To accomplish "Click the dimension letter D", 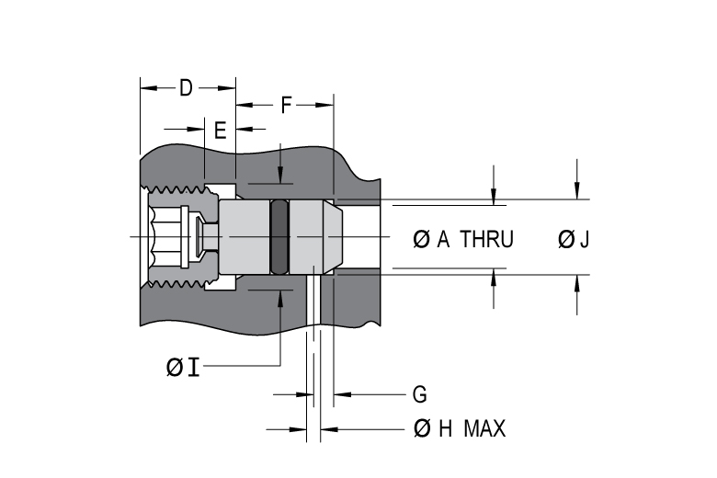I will pos(186,88).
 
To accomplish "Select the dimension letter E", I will pos(220,131).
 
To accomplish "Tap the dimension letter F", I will pos(286,105).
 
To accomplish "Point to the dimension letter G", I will pos(419,395).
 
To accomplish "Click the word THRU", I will pos(486,240).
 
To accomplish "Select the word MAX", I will pos(484,428).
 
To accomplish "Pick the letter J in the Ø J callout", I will pos(585,240).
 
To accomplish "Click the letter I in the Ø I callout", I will pos(192,368).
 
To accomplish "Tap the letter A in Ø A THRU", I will pos(443,240).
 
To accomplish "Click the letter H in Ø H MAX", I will pos(445,428).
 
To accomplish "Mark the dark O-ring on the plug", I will pos(279,238).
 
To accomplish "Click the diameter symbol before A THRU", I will pos(421,240).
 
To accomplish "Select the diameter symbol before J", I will pos(566,240).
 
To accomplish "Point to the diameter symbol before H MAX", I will pos(423,428).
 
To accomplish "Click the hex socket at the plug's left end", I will pos(165,238).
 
